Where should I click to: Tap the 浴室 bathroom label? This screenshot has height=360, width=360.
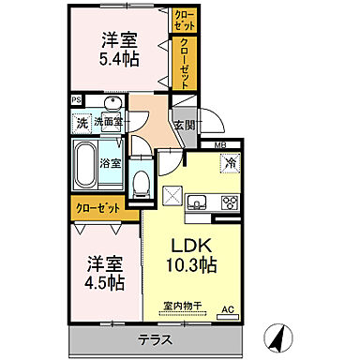pos(110,162)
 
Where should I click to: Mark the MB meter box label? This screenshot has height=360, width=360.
pos(221,144)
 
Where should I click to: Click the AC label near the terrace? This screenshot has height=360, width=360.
pos(226,308)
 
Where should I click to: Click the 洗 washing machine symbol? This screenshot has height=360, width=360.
pos(82,122)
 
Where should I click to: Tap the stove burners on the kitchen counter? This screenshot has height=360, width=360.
pos(229,202)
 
